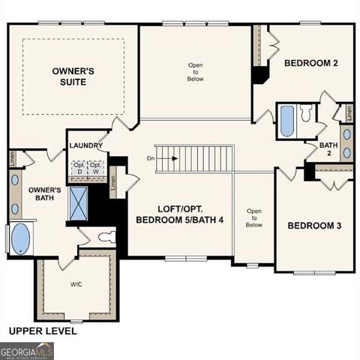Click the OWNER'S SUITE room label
click(73, 75)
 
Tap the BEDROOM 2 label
click(310, 64)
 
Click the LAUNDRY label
click(85, 145)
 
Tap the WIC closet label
click(77, 284)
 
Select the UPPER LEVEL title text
click(42, 330)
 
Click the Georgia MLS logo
click(27, 349)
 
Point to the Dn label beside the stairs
click(151, 159)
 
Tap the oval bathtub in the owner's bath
click(20, 239)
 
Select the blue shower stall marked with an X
click(78, 202)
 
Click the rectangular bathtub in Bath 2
click(287, 120)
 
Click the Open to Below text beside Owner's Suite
click(195, 70)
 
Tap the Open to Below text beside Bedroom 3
click(254, 217)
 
